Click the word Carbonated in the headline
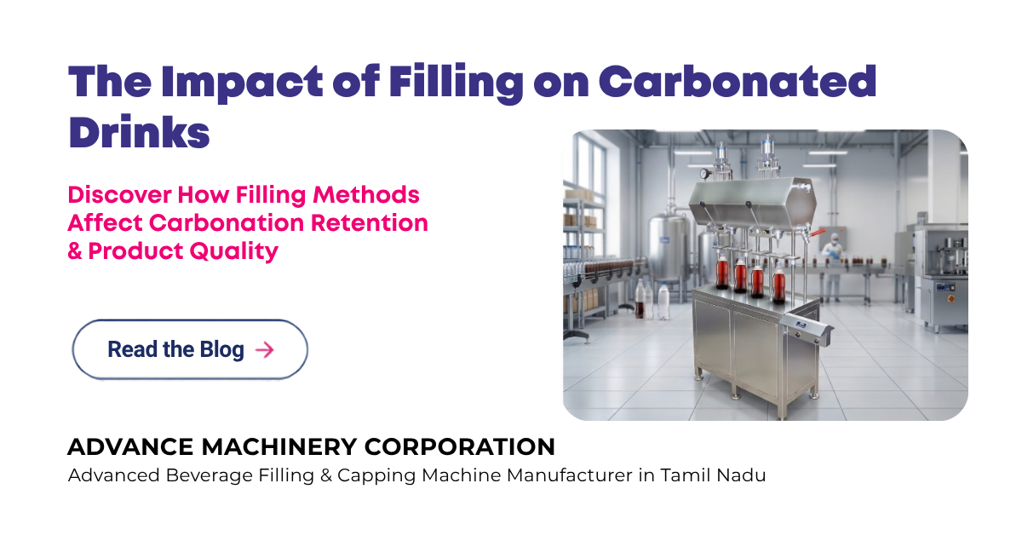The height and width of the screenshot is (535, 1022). (738, 81)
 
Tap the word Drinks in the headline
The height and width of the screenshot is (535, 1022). (139, 132)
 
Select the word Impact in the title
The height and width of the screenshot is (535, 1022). (242, 83)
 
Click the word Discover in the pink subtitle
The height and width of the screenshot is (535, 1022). (119, 194)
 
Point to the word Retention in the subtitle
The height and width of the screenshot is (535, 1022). (370, 222)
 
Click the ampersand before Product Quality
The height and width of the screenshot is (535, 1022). (75, 251)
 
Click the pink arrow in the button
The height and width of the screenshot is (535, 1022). (265, 350)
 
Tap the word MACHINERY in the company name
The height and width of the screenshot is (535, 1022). (279, 447)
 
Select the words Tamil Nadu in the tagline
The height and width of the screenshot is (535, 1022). (713, 475)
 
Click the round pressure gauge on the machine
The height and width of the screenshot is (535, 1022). (705, 174)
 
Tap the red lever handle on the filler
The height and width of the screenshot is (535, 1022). (818, 233)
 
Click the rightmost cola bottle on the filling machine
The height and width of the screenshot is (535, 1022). (778, 284)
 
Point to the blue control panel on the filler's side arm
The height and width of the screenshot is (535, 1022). (801, 325)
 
